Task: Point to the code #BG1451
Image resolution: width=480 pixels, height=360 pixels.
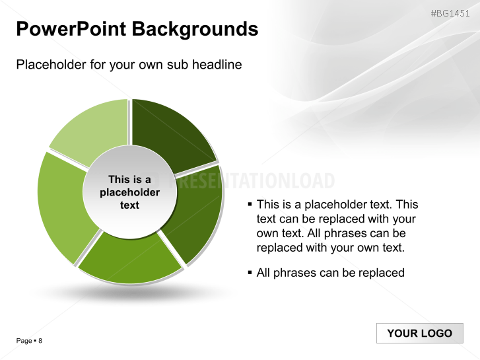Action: pos(452,13)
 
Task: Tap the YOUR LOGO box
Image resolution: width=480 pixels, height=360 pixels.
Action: pos(419,333)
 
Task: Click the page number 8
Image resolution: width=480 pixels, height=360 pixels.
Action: pos(40,341)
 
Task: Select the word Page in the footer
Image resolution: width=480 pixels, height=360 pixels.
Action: pos(24,341)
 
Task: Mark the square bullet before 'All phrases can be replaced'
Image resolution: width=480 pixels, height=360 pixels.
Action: pos(250,273)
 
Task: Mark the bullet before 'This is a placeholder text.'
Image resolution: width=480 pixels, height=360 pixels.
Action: pos(250,205)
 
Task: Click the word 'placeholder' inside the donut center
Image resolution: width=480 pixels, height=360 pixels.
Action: pos(130,192)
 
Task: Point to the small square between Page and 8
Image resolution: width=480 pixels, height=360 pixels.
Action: pos(35,341)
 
